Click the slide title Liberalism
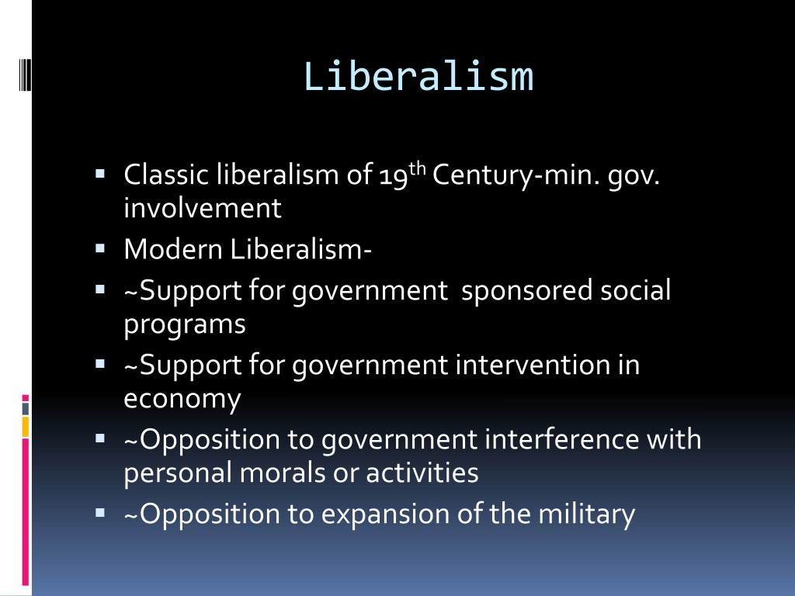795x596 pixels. pos(418,76)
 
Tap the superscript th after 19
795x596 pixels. pos(417,166)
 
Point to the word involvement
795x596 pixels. pos(202,208)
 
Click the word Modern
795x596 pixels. pos(172,249)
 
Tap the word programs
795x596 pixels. pos(185,324)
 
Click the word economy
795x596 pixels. pos(182,399)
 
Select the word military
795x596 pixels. pos(591,513)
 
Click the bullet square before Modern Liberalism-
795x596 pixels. pos(101,249)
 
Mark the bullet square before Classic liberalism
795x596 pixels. pos(101,175)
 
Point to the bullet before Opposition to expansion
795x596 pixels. pos(101,513)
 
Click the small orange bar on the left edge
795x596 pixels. pos(26,426)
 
